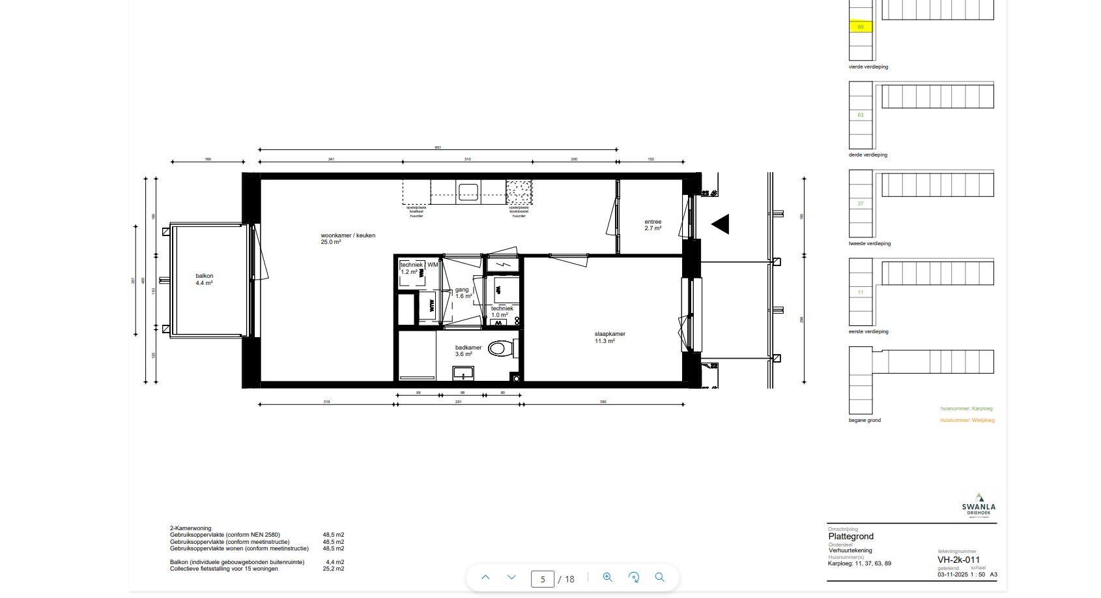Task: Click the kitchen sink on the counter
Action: (468, 191)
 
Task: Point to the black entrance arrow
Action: (721, 224)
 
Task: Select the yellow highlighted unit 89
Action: (861, 27)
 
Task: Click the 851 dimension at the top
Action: (438, 147)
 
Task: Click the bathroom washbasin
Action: (464, 374)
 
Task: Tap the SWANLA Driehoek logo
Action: (979, 505)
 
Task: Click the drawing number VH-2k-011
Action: (958, 560)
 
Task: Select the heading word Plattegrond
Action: (851, 537)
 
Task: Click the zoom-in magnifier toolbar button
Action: (607, 577)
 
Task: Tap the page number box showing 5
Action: (542, 578)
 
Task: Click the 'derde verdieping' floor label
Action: (868, 155)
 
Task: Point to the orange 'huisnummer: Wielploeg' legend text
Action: (967, 420)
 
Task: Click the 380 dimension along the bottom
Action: (603, 402)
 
